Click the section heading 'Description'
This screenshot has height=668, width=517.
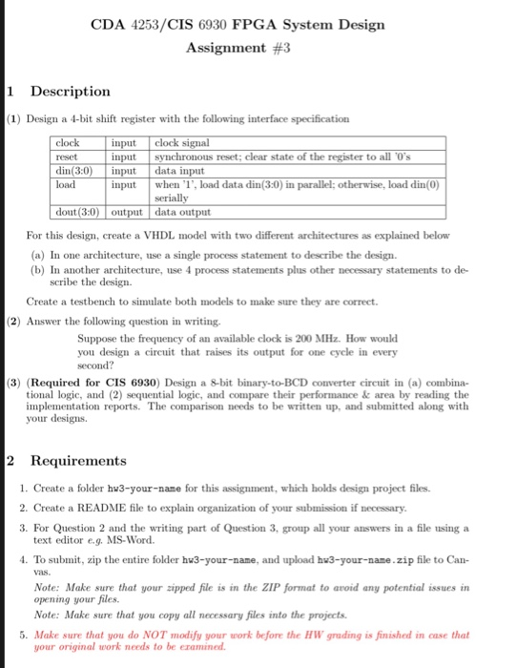coord(71,92)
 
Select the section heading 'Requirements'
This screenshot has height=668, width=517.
coord(78,461)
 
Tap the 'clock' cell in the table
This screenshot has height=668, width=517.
coord(70,143)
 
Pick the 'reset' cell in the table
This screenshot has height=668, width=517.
coord(67,156)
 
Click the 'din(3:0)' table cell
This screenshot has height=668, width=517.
coord(74,168)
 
